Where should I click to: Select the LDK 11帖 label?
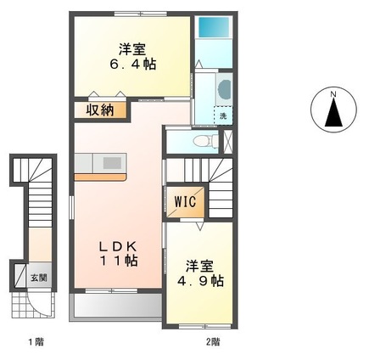click(115, 253)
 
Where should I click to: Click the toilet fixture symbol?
click(202, 142)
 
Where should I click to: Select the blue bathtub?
click(208, 27)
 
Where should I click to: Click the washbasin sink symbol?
click(223, 87)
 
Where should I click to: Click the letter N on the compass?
click(334, 93)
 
